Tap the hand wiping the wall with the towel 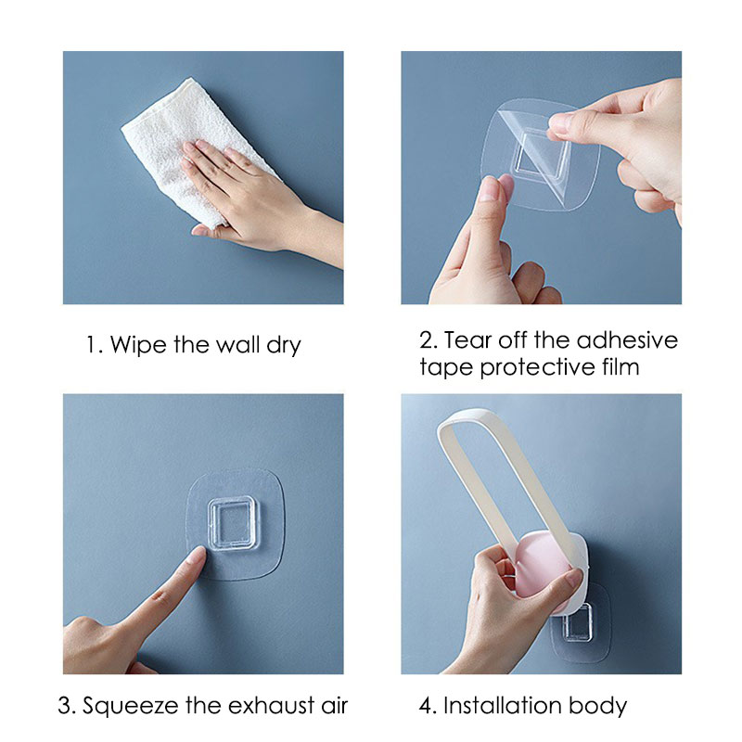(x=256, y=198)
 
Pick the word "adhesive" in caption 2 (x=627, y=340)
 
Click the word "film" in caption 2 (x=620, y=366)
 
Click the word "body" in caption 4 (x=597, y=707)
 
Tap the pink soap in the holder (x=544, y=563)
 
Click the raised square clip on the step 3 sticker (x=233, y=523)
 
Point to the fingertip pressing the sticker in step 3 (x=198, y=553)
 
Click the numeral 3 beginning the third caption (x=64, y=707)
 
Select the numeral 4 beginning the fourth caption (x=426, y=706)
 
